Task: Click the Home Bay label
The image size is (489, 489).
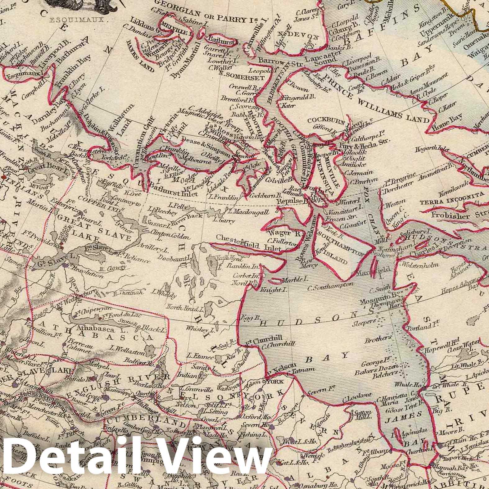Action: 450,120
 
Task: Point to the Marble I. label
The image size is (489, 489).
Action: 292,280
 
